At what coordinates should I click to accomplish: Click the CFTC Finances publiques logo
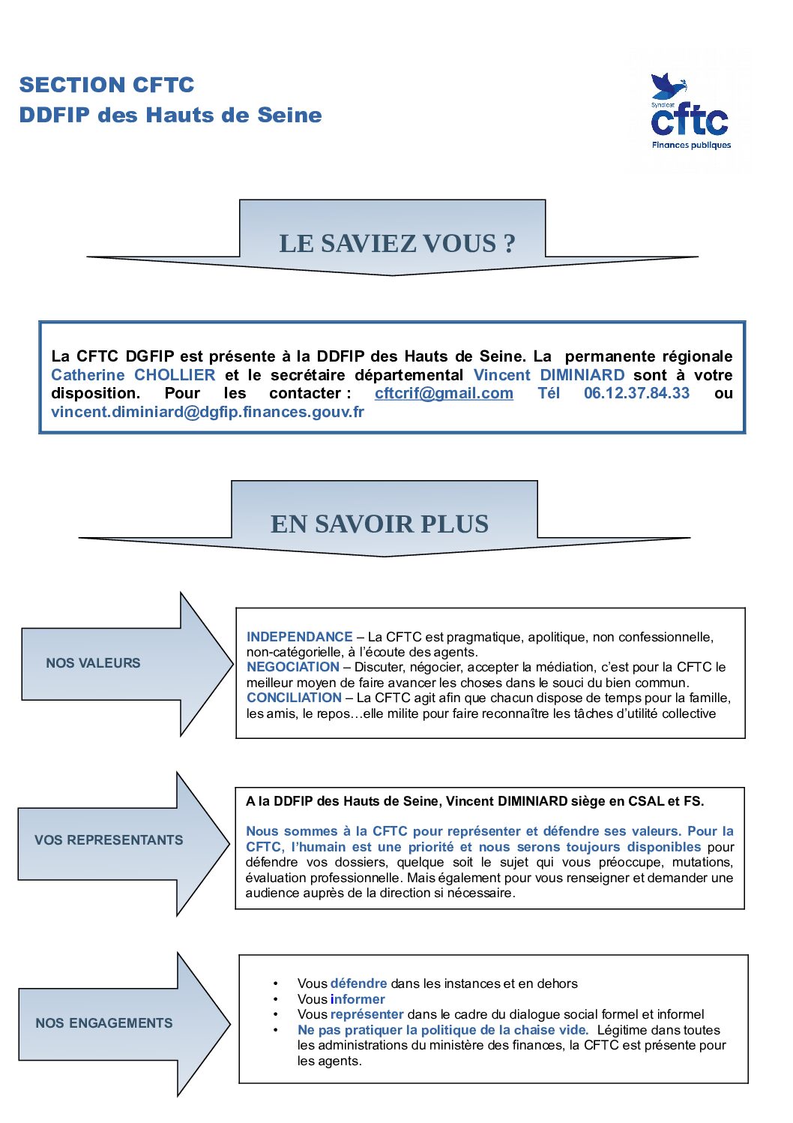pyautogui.click(x=690, y=113)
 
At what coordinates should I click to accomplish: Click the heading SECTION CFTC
pyautogui.click(x=106, y=85)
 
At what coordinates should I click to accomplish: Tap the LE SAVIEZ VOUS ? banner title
pyautogui.click(x=397, y=243)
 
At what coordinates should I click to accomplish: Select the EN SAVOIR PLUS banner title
pyautogui.click(x=379, y=524)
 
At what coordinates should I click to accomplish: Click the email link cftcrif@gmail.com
pyautogui.click(x=444, y=393)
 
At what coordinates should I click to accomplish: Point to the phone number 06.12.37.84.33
pyautogui.click(x=636, y=393)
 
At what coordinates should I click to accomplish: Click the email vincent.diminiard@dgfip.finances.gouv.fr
pyautogui.click(x=208, y=412)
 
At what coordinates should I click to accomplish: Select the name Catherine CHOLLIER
pyautogui.click(x=133, y=375)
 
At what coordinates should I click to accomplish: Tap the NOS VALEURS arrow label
pyautogui.click(x=93, y=663)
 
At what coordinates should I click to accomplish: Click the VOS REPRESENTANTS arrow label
pyautogui.click(x=109, y=840)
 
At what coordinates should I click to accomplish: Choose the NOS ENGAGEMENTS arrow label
pyautogui.click(x=103, y=1023)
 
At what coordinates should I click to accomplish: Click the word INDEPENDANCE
pyautogui.click(x=299, y=637)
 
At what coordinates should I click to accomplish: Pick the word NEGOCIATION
pyautogui.click(x=293, y=667)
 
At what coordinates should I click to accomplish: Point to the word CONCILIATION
pyautogui.click(x=294, y=698)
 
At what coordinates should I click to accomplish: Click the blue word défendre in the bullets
pyautogui.click(x=358, y=983)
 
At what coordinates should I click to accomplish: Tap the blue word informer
pyautogui.click(x=358, y=999)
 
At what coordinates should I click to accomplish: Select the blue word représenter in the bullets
pyautogui.click(x=367, y=1014)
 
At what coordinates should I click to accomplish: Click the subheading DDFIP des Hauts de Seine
pyautogui.click(x=170, y=115)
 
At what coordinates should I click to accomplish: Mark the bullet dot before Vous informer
pyautogui.click(x=276, y=999)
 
